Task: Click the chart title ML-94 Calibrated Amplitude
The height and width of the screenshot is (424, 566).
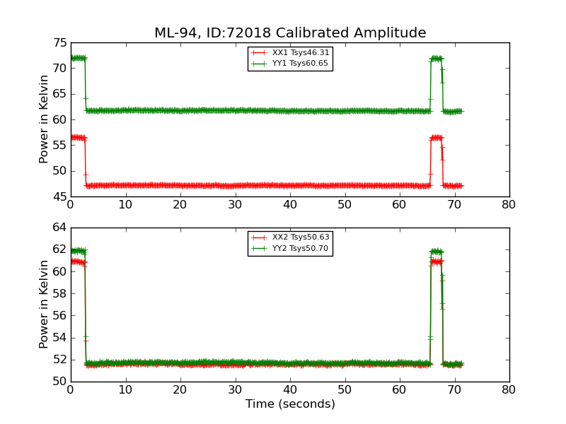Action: [290, 33]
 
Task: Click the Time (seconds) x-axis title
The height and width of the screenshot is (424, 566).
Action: [290, 404]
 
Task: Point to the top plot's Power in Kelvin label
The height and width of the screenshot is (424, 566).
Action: [44, 119]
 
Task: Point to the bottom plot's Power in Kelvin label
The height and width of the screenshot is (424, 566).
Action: [44, 304]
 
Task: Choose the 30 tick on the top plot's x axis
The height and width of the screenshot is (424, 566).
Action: [235, 205]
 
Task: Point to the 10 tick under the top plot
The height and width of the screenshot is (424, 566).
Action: [125, 205]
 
